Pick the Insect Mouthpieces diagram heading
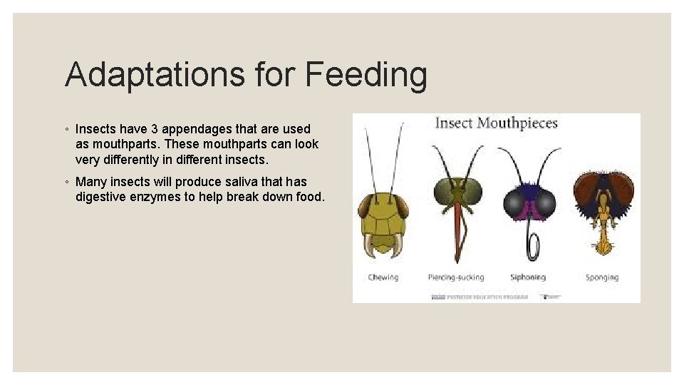(496, 123)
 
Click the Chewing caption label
(383, 277)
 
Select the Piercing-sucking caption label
(456, 277)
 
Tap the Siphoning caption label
(528, 277)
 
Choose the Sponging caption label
(602, 277)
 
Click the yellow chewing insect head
(383, 217)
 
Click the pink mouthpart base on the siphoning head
(528, 210)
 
